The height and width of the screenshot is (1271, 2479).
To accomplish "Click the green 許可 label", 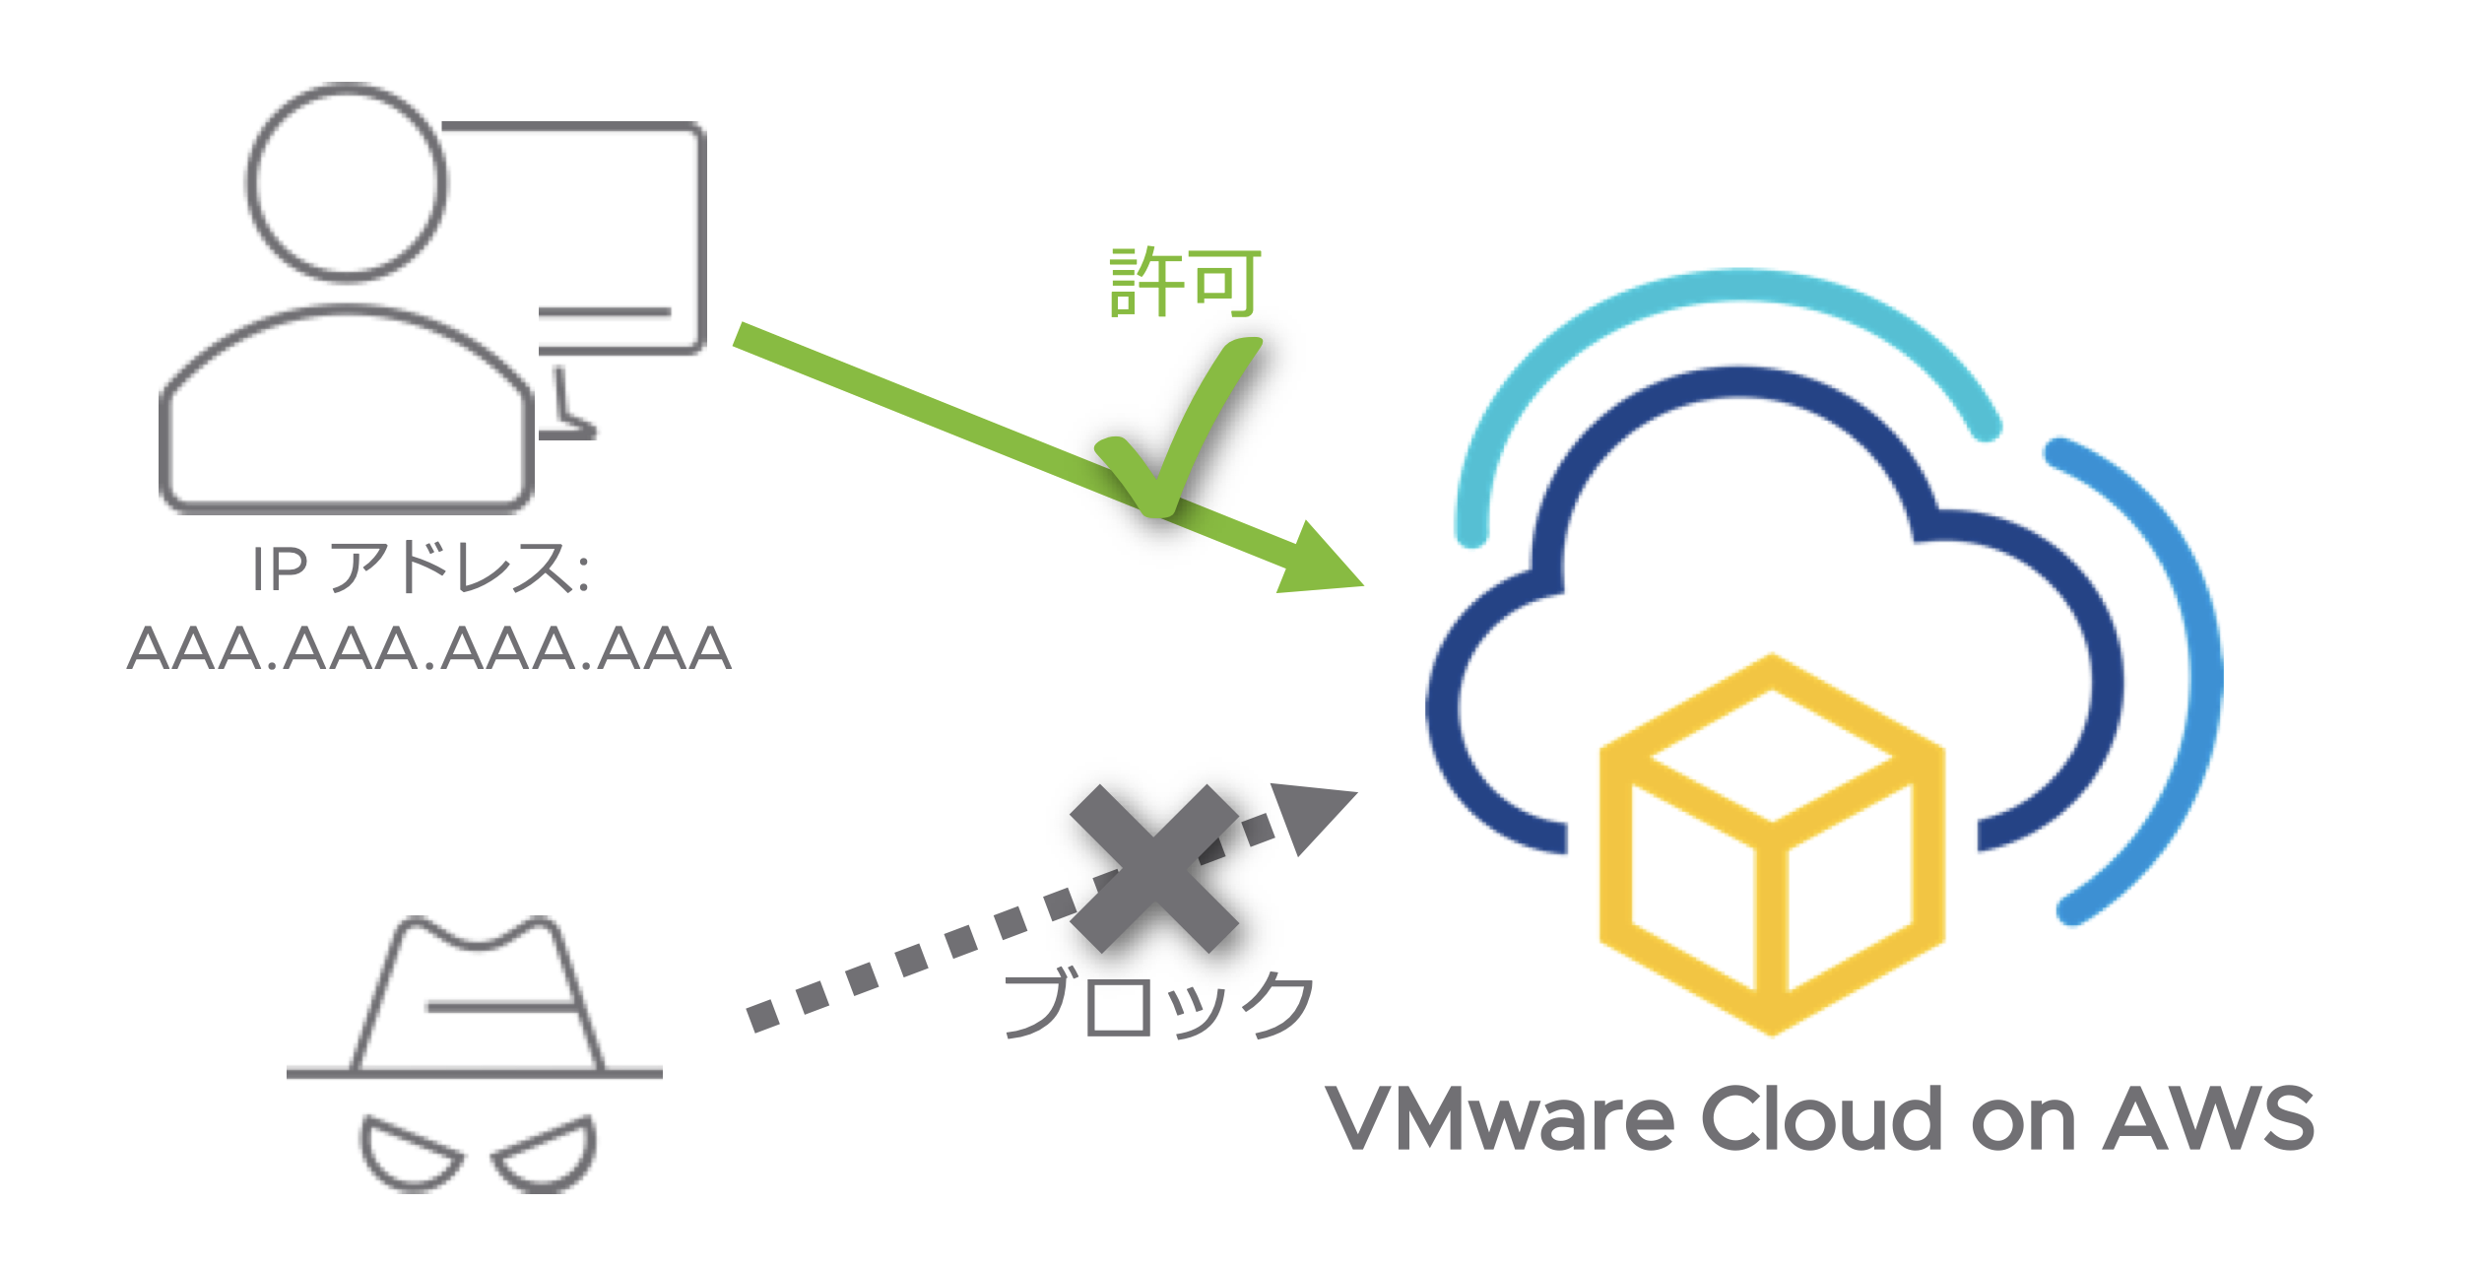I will point(1185,282).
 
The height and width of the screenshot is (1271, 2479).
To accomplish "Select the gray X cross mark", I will point(1153,868).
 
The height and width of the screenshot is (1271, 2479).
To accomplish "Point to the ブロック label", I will point(1158,1004).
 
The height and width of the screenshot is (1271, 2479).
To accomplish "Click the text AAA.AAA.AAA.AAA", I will point(429,649).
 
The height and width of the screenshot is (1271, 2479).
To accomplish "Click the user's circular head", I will point(346,183).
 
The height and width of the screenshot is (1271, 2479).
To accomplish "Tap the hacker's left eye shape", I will point(409,1152).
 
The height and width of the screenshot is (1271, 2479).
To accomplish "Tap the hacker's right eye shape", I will point(547,1152).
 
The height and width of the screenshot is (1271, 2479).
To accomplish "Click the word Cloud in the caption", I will point(1823,1118).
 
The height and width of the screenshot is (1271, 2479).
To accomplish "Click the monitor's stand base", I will point(567,430).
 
